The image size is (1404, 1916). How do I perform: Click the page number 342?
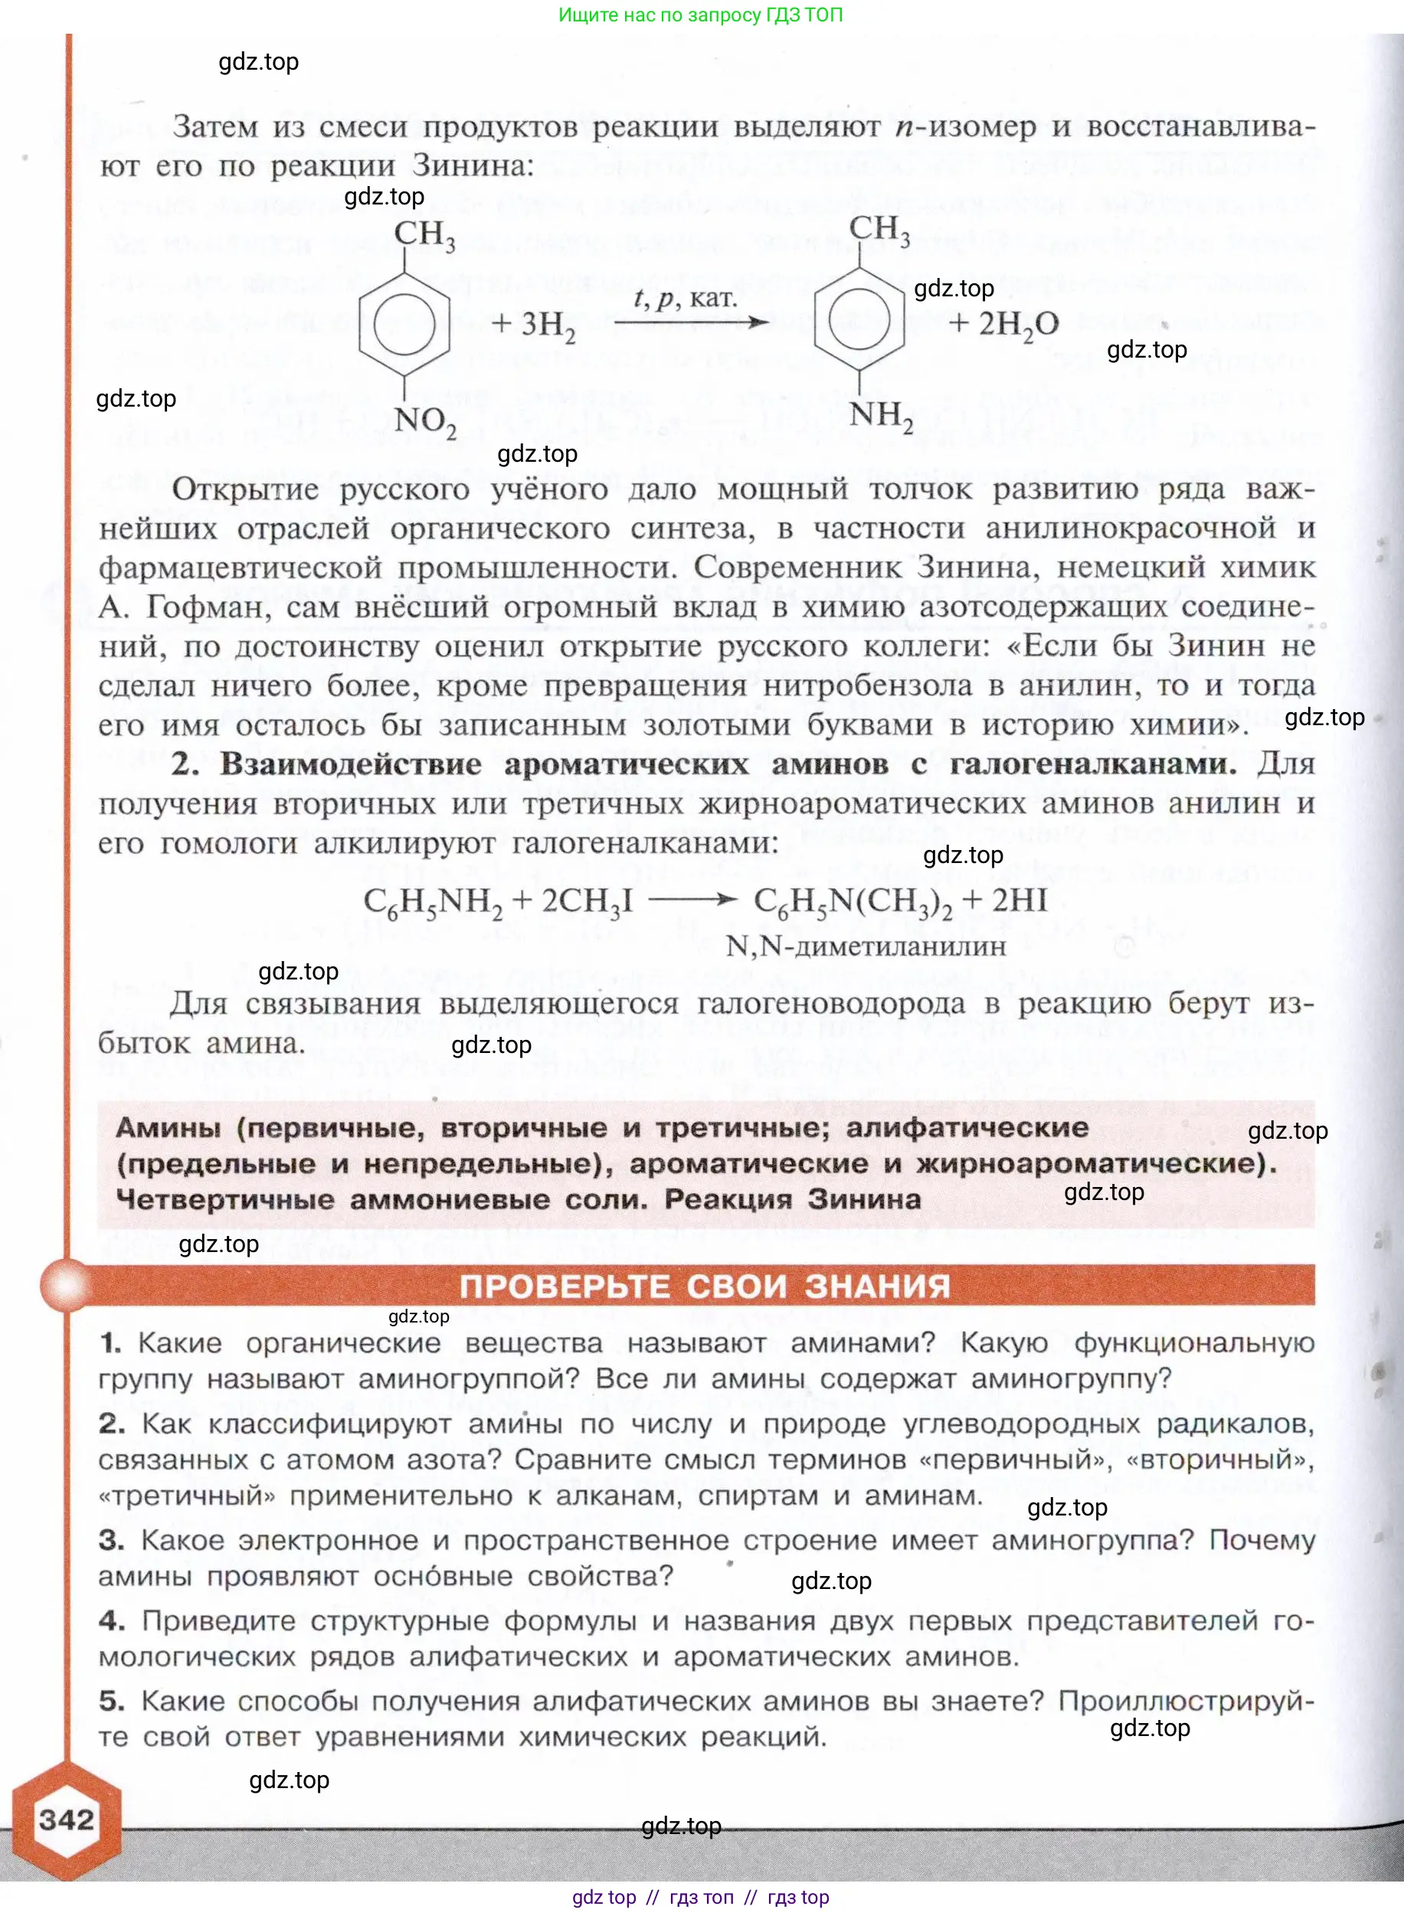point(67,1820)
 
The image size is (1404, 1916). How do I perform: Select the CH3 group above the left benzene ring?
point(425,234)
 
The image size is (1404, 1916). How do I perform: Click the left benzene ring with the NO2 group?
point(404,324)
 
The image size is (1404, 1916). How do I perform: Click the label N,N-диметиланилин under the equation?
point(866,947)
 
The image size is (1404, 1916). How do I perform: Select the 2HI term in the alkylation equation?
point(1019,901)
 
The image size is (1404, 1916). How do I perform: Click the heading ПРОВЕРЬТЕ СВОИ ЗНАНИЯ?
point(705,1286)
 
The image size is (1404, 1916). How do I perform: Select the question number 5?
point(111,1700)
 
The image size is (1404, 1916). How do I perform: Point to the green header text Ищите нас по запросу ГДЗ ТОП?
point(700,15)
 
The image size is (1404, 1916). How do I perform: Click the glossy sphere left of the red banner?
point(64,1285)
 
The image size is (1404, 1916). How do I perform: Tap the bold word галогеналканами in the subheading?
point(1092,763)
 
